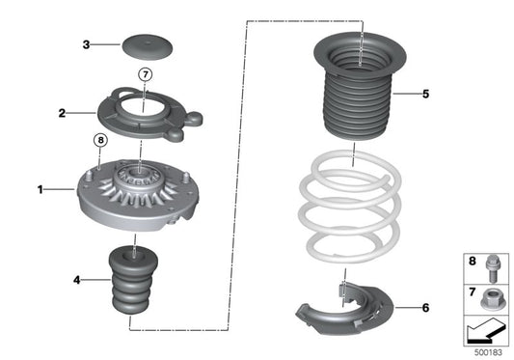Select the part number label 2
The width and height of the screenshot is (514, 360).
61,113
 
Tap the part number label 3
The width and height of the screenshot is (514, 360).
86,44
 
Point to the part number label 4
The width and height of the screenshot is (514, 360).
76,281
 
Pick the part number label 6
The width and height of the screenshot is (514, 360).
425,308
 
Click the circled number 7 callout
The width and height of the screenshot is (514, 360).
146,74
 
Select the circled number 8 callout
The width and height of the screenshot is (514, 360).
98,141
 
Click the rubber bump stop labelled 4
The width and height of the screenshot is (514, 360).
130,289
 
